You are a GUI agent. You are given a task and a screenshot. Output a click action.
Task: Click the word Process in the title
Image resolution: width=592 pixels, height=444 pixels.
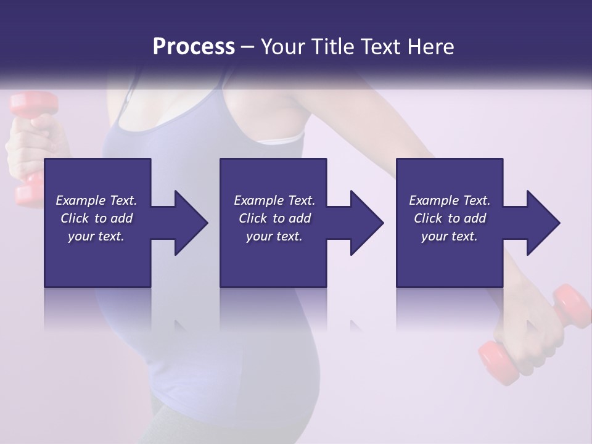194,47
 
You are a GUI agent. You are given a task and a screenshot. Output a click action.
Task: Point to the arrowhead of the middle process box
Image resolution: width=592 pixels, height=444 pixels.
366,223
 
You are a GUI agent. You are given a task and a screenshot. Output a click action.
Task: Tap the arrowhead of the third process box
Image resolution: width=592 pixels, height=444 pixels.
542,223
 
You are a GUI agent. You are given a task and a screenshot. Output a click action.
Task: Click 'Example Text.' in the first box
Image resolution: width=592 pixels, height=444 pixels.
96,200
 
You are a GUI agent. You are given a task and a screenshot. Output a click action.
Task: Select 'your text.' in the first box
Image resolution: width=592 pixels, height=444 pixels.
96,236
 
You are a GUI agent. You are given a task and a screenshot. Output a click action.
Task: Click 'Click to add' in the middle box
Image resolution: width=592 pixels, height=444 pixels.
274,218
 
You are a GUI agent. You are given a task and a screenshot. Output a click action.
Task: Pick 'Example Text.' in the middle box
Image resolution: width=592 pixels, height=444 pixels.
274,200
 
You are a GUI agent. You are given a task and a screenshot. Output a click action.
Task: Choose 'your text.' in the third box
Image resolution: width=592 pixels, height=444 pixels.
450,236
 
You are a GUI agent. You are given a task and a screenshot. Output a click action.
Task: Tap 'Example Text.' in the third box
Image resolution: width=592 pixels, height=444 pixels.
450,200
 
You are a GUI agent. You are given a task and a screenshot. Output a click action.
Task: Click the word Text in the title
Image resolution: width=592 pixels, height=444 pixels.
380,47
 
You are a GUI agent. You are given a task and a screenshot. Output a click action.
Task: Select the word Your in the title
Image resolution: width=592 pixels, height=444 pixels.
284,47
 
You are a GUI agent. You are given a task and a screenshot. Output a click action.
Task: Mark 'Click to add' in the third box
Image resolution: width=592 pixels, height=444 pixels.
450,218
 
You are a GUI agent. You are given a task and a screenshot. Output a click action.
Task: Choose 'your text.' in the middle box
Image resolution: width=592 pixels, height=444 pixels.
274,236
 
